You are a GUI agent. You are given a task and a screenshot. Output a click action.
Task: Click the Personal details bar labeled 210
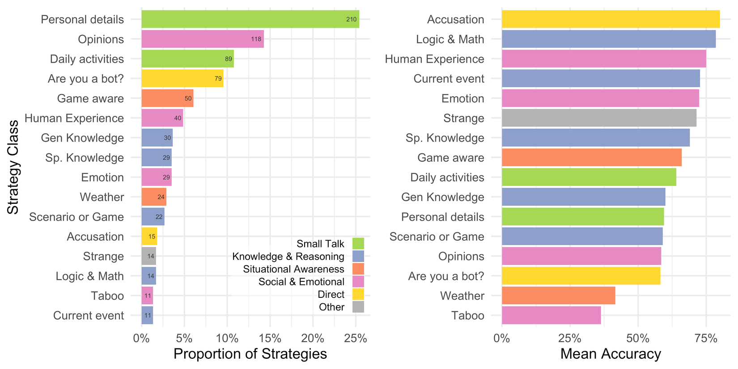(250, 19)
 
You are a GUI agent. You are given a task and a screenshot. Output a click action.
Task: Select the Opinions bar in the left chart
(202, 39)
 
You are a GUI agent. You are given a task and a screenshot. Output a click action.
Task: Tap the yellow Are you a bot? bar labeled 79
(182, 78)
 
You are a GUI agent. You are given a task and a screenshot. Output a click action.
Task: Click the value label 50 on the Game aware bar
(188, 98)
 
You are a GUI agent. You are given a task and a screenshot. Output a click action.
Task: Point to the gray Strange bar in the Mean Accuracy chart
(599, 118)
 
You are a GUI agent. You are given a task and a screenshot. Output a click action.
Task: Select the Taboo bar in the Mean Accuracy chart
(551, 315)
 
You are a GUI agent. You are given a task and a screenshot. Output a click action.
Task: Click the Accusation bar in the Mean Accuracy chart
(611, 19)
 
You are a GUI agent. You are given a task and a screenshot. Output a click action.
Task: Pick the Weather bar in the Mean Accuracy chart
(558, 296)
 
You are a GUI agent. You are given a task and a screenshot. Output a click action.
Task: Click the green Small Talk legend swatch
(358, 244)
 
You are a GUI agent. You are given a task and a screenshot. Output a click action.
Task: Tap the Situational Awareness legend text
(293, 269)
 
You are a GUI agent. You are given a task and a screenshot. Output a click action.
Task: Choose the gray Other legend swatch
(358, 307)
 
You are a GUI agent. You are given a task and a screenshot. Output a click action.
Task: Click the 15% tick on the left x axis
(270, 338)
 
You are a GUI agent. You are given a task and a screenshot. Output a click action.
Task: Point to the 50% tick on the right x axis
(638, 338)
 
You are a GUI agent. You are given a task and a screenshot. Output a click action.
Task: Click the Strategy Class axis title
(13, 167)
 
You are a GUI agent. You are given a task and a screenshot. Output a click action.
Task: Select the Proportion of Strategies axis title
(250, 354)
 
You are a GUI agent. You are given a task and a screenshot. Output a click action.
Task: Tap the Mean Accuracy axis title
(611, 354)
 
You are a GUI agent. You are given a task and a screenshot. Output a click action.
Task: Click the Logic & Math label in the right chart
(450, 39)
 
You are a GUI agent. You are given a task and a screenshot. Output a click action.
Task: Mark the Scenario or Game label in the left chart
(76, 217)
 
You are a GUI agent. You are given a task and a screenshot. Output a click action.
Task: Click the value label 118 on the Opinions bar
(256, 39)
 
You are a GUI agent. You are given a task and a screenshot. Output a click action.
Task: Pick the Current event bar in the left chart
(147, 315)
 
